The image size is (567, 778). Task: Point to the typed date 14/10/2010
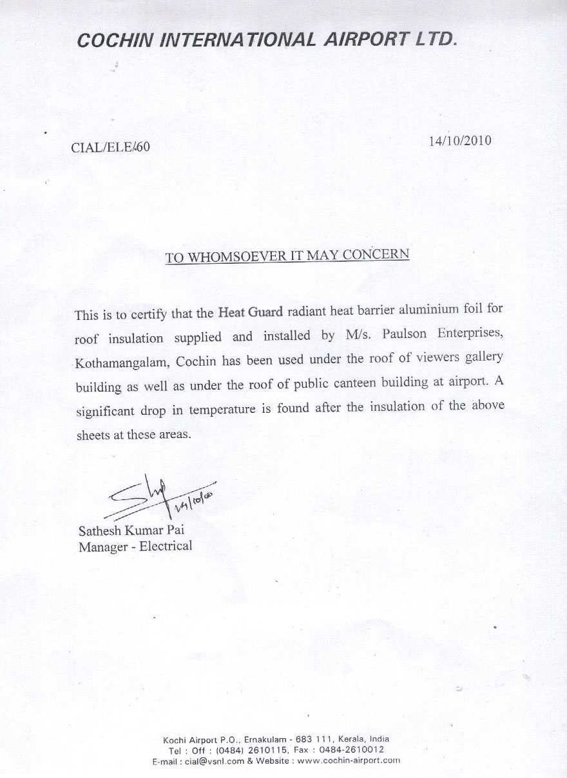(459, 141)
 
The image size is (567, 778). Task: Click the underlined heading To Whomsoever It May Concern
(287, 255)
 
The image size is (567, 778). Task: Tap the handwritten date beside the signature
(191, 500)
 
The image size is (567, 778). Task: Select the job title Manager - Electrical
(135, 546)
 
